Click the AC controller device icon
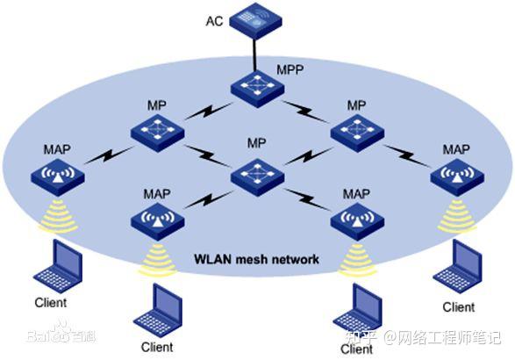pos(255,21)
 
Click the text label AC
pos(214,21)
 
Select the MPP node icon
pos(257,89)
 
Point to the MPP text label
pos(290,69)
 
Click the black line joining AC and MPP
pos(254,54)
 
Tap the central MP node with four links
pos(258,177)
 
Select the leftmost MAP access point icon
pos(58,177)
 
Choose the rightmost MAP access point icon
pos(457,177)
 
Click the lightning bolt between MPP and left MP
pos(209,111)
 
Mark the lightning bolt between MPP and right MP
pos(306,112)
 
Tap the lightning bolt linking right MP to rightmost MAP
pos(406,155)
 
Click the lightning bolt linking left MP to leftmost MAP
pos(109,155)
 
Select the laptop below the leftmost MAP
pos(59,266)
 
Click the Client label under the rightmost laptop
pos(459,307)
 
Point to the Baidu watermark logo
pos(61,333)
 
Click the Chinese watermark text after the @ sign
pos(450,337)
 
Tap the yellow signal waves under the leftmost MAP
pos(58,216)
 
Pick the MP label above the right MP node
pos(357,105)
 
